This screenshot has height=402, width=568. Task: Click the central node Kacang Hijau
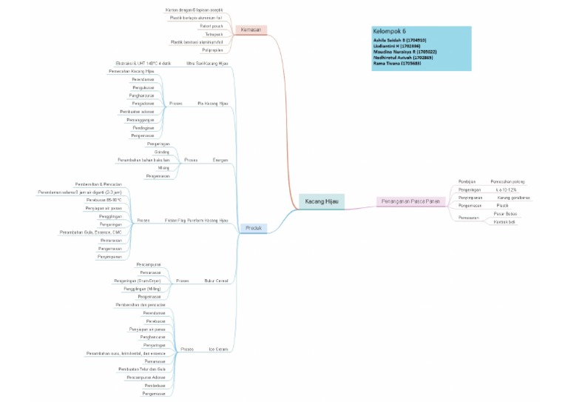pyautogui.click(x=322, y=201)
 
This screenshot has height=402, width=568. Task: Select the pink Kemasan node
pyautogui.click(x=249, y=30)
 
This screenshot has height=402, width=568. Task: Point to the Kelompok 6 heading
pyautogui.click(x=390, y=32)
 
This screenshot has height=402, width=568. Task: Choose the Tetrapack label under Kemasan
pyautogui.click(x=213, y=34)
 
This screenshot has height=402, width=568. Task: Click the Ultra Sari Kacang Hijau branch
pyautogui.click(x=207, y=64)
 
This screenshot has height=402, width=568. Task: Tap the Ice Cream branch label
pyautogui.click(x=217, y=348)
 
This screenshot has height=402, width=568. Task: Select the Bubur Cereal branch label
pyautogui.click(x=215, y=281)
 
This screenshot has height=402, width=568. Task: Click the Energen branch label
pyautogui.click(x=220, y=160)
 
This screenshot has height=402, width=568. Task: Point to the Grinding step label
pyautogui.click(x=161, y=151)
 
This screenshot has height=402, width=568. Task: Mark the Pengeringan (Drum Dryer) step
pyautogui.click(x=137, y=281)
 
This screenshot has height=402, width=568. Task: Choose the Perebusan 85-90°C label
pyautogui.click(x=104, y=200)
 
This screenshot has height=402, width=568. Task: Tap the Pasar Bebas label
pyautogui.click(x=505, y=213)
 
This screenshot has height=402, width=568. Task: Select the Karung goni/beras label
pyautogui.click(x=513, y=198)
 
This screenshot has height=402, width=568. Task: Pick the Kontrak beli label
pyautogui.click(x=504, y=221)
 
